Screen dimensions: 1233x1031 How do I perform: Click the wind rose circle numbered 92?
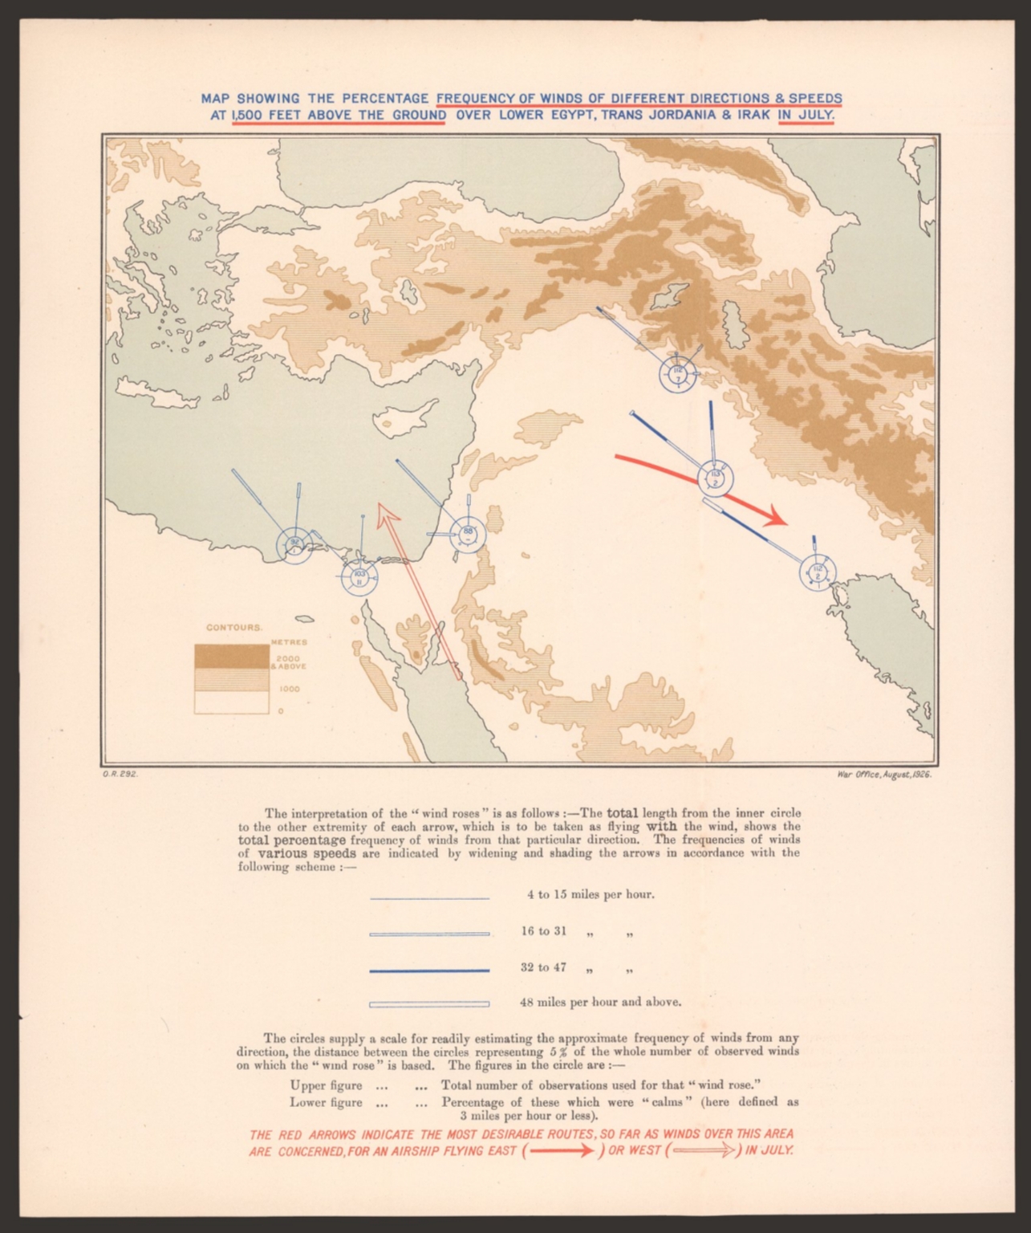pos(294,544)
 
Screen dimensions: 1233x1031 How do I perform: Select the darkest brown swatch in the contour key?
pos(231,656)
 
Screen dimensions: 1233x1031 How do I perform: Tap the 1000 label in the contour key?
pos(290,689)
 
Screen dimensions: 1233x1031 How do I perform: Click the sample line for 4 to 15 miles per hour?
pos(429,898)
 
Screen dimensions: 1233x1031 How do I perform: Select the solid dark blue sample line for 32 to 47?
pos(429,971)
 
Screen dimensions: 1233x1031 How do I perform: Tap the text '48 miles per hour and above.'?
pos(601,1002)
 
